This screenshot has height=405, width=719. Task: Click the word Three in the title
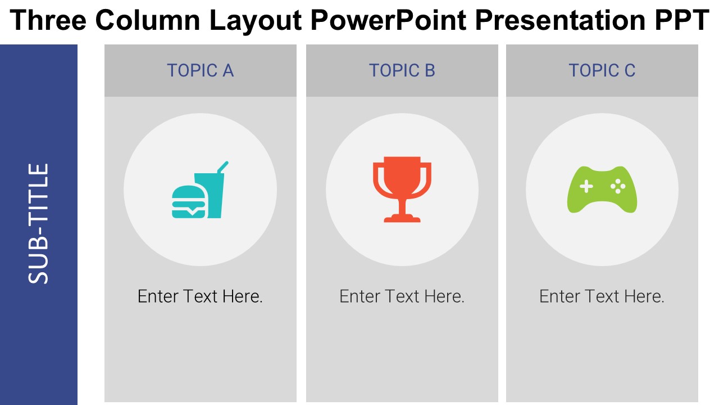pos(48,20)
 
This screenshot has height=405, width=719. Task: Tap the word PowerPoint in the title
pos(388,20)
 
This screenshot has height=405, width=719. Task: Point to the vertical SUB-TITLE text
pos(38,224)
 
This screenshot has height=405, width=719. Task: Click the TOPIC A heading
pos(201,70)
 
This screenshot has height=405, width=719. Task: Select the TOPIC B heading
pos(402,70)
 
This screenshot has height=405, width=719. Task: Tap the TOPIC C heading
pos(602,70)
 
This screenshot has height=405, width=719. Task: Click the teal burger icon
pos(188,202)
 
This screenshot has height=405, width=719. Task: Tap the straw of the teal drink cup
pos(223,167)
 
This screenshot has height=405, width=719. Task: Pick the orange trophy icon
pos(402,190)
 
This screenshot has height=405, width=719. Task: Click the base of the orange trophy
pos(402,219)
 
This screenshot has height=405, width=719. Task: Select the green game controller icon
pos(602,190)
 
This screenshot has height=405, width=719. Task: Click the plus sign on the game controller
pos(586,186)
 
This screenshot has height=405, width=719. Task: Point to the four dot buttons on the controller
pos(618,186)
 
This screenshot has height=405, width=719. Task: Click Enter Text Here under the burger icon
pos(200,296)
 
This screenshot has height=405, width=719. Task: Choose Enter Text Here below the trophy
pos(402,296)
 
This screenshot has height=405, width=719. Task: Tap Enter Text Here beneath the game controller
pos(602,296)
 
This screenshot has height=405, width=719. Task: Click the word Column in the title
pos(148,20)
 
